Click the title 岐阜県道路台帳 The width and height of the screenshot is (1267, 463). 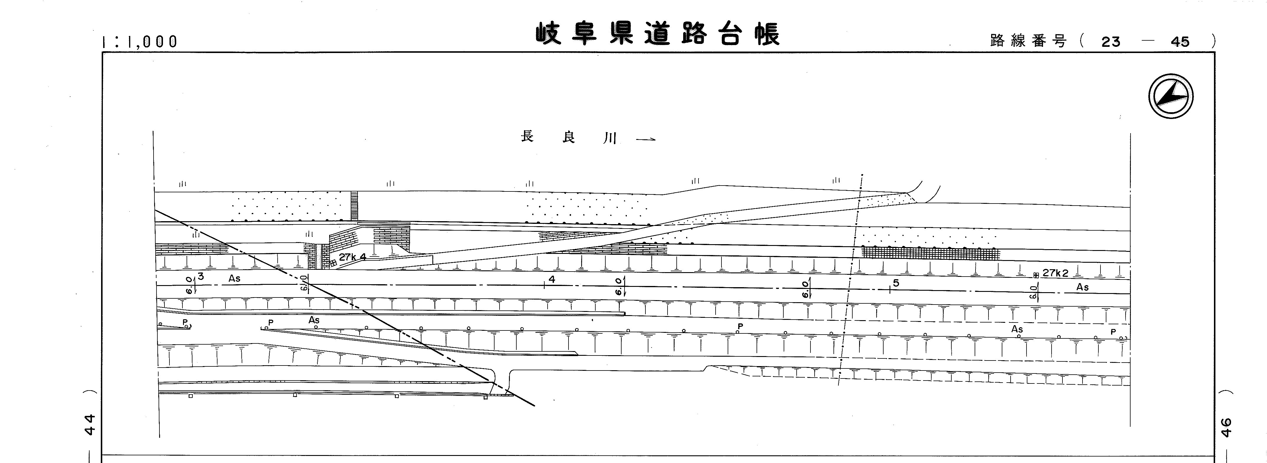658,34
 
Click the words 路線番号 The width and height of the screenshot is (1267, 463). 1028,41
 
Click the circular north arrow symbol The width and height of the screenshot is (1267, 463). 1171,96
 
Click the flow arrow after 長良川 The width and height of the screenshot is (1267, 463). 645,140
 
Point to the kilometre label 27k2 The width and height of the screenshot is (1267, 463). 1055,273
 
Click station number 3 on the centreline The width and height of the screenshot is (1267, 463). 201,277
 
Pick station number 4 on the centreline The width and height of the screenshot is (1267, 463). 552,280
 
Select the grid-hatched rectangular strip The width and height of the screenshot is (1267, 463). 930,253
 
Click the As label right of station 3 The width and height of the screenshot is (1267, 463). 234,279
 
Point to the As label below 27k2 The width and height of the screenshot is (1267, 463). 1082,287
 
